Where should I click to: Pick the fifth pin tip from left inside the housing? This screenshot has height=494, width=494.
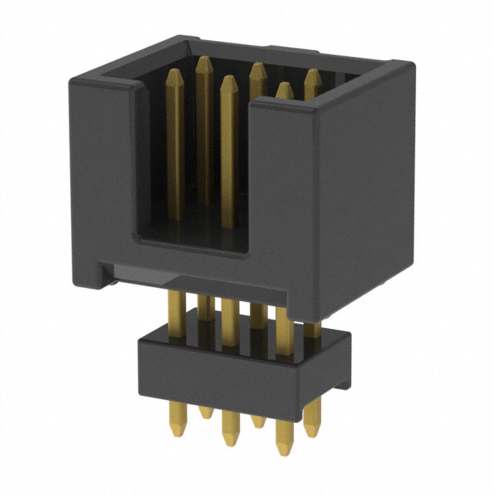[284, 89]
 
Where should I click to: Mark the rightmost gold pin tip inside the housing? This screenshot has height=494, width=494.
[311, 76]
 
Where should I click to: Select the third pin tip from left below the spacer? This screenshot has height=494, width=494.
[229, 438]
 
